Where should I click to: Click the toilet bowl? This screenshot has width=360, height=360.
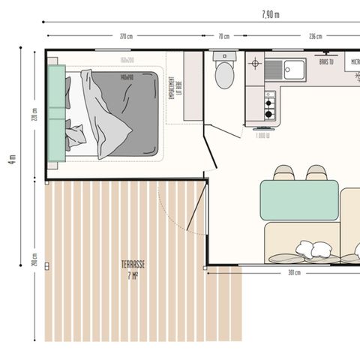tap(224, 75)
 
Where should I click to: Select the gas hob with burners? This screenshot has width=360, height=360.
tap(269, 106)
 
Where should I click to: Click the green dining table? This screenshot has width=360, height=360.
tap(298, 199)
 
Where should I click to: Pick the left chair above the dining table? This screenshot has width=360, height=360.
tap(283, 173)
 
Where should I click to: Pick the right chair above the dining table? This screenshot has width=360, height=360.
tap(316, 173)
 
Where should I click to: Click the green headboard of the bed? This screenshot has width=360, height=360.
tap(56, 112)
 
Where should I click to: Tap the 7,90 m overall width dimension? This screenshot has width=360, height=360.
tap(271, 14)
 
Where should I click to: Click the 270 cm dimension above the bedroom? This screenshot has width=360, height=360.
tap(126, 36)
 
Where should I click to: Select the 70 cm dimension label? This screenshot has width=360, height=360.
tap(223, 36)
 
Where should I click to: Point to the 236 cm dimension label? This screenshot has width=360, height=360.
tap(316, 36)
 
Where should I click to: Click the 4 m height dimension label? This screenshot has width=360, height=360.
tap(12, 161)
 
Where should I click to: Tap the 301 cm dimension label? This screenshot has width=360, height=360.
tap(294, 273)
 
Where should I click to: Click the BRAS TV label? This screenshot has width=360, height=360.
tap(326, 62)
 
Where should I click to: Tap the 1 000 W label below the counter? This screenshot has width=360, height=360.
tap(262, 135)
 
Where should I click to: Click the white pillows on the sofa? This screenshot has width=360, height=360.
tap(313, 250)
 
